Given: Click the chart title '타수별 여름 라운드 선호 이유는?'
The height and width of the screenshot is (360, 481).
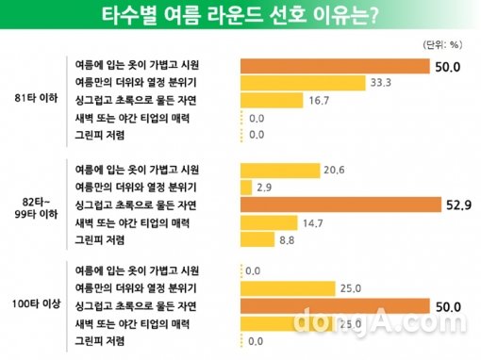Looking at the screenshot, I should point(240,17).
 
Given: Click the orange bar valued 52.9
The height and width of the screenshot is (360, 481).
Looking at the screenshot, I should point(340,204).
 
